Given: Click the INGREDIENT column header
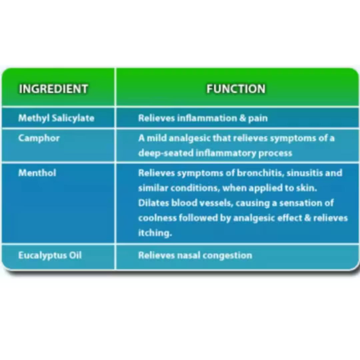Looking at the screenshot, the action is tap(53, 89).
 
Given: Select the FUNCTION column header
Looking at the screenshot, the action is tap(236, 89).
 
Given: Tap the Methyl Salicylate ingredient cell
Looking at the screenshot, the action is tap(56, 118).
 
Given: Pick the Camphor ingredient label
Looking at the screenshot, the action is tap(39, 138).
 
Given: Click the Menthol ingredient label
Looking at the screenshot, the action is tap(37, 173).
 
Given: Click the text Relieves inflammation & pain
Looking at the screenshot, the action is tap(203, 118).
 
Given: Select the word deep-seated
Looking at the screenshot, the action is tap(166, 153).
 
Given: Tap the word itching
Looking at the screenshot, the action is tap(155, 233).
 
